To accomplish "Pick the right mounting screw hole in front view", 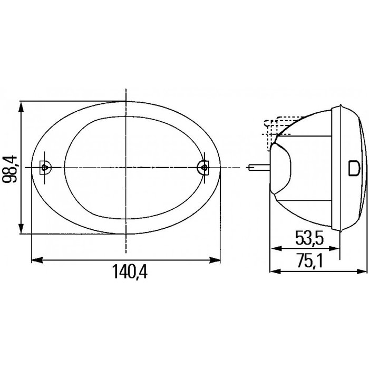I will tap(202, 167).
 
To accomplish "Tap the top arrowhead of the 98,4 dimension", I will tap(21, 106).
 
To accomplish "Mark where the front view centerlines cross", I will tap(125, 167).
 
